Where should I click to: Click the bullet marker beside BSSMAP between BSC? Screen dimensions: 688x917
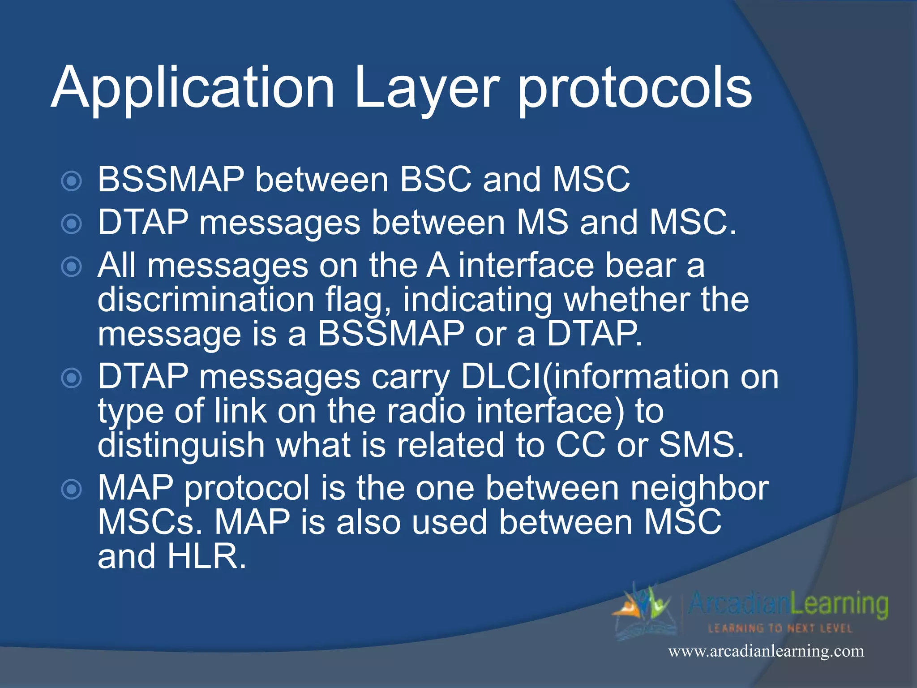[x=72, y=181]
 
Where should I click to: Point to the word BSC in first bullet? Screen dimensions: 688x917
[x=436, y=180]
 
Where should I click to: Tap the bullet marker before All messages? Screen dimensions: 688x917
[x=72, y=267]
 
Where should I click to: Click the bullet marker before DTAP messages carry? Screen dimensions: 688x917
[x=72, y=378]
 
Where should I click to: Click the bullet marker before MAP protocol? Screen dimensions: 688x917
[x=72, y=490]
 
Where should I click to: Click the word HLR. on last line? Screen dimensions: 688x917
[x=206, y=557]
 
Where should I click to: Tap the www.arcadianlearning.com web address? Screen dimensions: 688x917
[x=766, y=651]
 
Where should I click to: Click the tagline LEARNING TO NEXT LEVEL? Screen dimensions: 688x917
[x=780, y=628]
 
